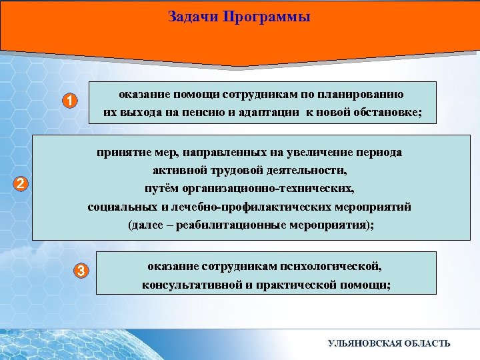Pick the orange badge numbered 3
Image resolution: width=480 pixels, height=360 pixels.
click(81, 270)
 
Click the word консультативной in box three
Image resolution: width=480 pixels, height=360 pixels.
click(185, 285)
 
